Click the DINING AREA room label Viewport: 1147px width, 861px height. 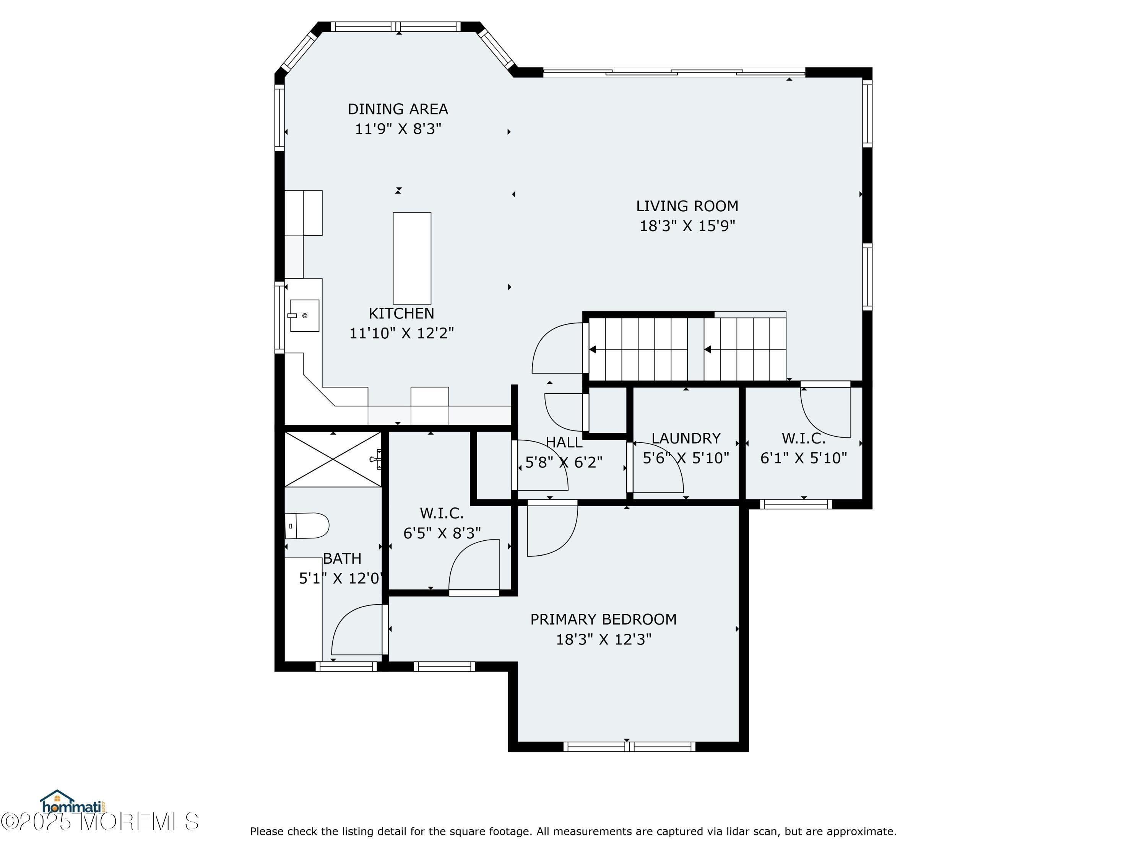pyautogui.click(x=398, y=109)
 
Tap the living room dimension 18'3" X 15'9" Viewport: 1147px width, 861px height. pyautogui.click(x=687, y=226)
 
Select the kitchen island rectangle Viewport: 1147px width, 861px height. pyautogui.click(x=412, y=258)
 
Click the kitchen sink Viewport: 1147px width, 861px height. pyautogui.click(x=304, y=315)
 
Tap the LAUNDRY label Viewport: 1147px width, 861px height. pyautogui.click(x=686, y=438)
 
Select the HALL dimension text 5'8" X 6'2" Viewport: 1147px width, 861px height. pyautogui.click(x=564, y=462)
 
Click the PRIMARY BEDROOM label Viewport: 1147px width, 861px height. pyautogui.click(x=603, y=619)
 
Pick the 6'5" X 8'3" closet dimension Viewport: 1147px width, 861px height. pyautogui.click(x=442, y=533)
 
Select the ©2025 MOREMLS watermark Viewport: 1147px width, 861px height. pyautogui.click(x=99, y=822)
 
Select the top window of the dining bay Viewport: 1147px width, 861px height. pyautogui.click(x=396, y=26)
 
